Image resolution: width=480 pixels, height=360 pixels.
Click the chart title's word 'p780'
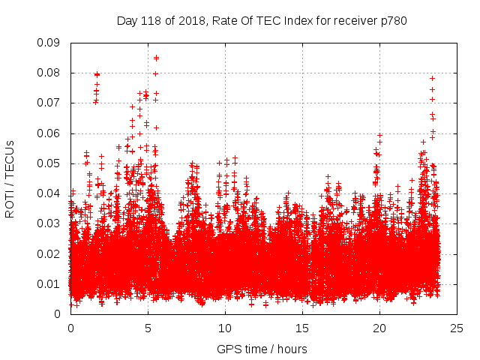(392, 20)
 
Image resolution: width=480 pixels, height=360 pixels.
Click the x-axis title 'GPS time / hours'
(262, 349)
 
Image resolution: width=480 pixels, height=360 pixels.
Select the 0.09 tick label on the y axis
(49, 43)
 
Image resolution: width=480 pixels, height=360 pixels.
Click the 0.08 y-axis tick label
(49, 73)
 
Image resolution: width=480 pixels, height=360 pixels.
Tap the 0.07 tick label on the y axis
(49, 103)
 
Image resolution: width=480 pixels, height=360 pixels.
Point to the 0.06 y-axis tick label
(49, 133)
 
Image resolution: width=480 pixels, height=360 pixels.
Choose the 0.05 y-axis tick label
(49, 163)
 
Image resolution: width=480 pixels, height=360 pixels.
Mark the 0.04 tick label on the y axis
(49, 193)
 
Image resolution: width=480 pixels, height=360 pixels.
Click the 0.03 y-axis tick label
(49, 223)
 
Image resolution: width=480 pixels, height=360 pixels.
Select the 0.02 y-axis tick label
(49, 253)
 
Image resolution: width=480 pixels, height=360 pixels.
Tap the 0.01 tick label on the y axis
(49, 283)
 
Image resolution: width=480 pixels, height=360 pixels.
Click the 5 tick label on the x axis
(148, 328)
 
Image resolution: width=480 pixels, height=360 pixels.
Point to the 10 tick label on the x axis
(225, 328)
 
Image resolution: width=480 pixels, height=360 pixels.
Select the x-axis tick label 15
(302, 328)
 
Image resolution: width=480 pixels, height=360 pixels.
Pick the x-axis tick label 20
(379, 328)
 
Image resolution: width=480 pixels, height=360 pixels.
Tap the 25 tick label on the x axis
(457, 328)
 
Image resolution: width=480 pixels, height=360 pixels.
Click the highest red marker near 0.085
(156, 58)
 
